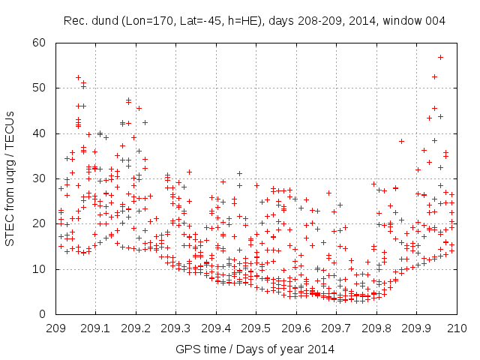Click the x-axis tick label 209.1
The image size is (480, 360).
pyautogui.click(x=95, y=328)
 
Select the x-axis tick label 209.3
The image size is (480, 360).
pyautogui.click(x=175, y=328)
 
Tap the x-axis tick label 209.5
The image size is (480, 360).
pyautogui.click(x=256, y=328)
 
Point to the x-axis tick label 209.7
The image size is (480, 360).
pyautogui.click(x=337, y=328)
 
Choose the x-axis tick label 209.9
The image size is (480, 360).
pyautogui.click(x=417, y=328)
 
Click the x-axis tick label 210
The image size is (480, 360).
pyautogui.click(x=457, y=328)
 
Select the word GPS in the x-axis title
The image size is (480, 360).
pyautogui.click(x=185, y=349)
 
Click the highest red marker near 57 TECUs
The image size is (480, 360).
pyautogui.click(x=440, y=57)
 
